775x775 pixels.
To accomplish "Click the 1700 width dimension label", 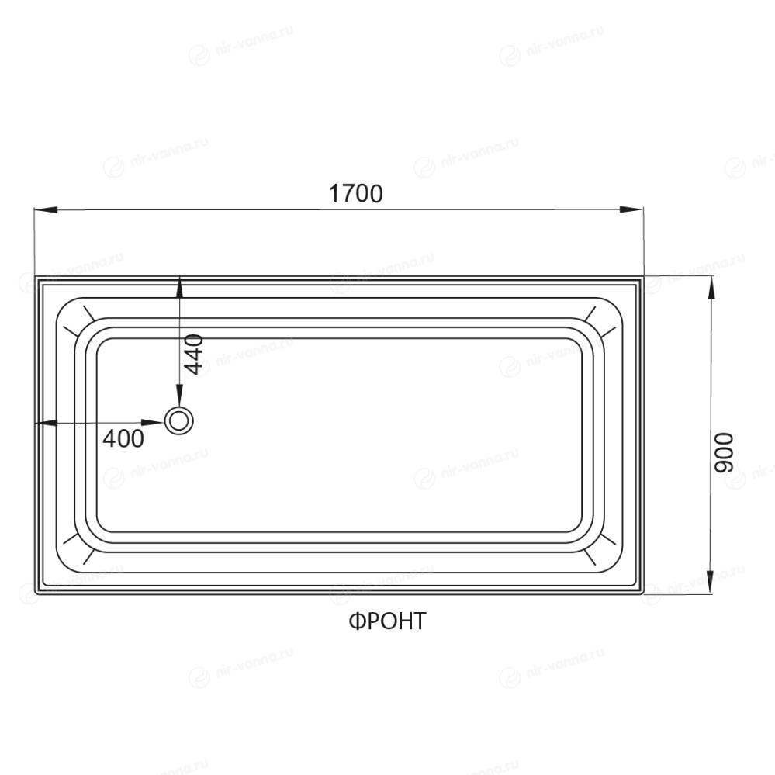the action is pyautogui.click(x=356, y=193).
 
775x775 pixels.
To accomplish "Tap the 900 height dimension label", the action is pyautogui.click(x=725, y=452).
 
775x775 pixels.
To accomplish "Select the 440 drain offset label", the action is pyautogui.click(x=193, y=354).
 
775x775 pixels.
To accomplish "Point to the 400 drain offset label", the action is pyautogui.click(x=123, y=438).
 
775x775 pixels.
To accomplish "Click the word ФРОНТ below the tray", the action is pyautogui.click(x=387, y=621).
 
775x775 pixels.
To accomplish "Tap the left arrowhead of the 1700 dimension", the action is pyautogui.click(x=46, y=209).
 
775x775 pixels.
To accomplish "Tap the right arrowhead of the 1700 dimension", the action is pyautogui.click(x=631, y=209).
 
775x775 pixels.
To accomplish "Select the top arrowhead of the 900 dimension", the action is pyautogui.click(x=711, y=288).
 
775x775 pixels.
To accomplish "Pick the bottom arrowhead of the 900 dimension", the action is pyautogui.click(x=711, y=581).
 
